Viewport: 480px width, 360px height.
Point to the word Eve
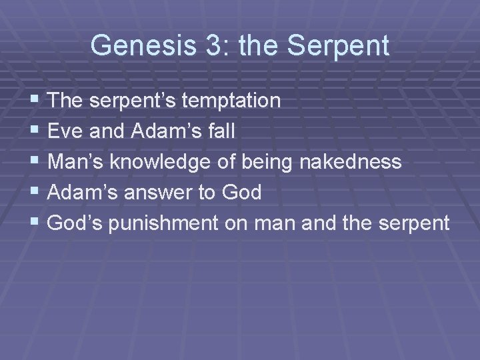point(65,131)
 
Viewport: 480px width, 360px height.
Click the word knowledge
point(171,162)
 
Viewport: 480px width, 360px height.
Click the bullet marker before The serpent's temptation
point(35,101)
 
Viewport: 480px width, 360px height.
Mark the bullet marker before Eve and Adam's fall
point(35,131)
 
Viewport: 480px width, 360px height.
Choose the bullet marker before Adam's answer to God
point(35,193)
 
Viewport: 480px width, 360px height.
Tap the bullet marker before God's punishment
point(35,223)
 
